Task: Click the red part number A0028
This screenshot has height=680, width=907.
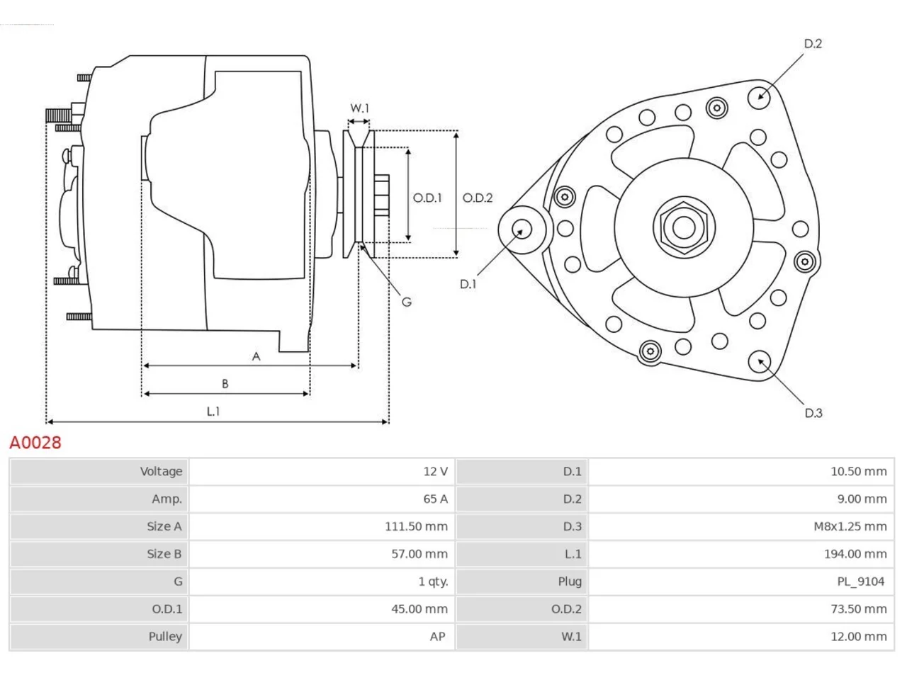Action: (x=35, y=443)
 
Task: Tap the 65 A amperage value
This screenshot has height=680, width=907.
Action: (x=435, y=499)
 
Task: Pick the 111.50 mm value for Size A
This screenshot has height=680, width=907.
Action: (x=416, y=526)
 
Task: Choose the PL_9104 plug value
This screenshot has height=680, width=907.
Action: (x=861, y=582)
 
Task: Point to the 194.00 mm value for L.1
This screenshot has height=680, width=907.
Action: (x=855, y=554)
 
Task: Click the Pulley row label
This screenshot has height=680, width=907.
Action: (x=165, y=637)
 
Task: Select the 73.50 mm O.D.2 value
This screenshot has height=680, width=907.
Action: (x=859, y=609)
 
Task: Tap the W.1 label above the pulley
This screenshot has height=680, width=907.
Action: (x=359, y=108)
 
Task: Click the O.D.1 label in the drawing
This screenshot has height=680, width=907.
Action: (x=427, y=198)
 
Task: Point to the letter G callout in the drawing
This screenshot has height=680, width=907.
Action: (x=407, y=302)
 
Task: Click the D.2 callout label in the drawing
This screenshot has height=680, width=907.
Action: (x=813, y=44)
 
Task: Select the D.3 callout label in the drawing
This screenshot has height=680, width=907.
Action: (x=813, y=413)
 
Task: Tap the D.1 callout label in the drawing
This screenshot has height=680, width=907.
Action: (x=468, y=284)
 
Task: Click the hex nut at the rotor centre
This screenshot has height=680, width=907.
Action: (x=684, y=227)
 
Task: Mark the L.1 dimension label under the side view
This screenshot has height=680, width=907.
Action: (x=213, y=412)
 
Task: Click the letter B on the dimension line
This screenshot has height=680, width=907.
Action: (x=225, y=384)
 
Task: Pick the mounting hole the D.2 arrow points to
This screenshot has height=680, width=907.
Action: (x=759, y=98)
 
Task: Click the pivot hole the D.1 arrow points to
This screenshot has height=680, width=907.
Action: (x=522, y=229)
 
